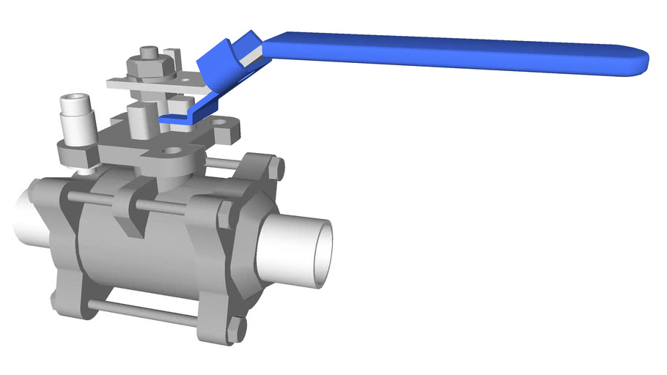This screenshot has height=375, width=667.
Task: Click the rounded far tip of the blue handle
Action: coord(639,62)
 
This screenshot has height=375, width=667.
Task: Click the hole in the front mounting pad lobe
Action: coord(172,152)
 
